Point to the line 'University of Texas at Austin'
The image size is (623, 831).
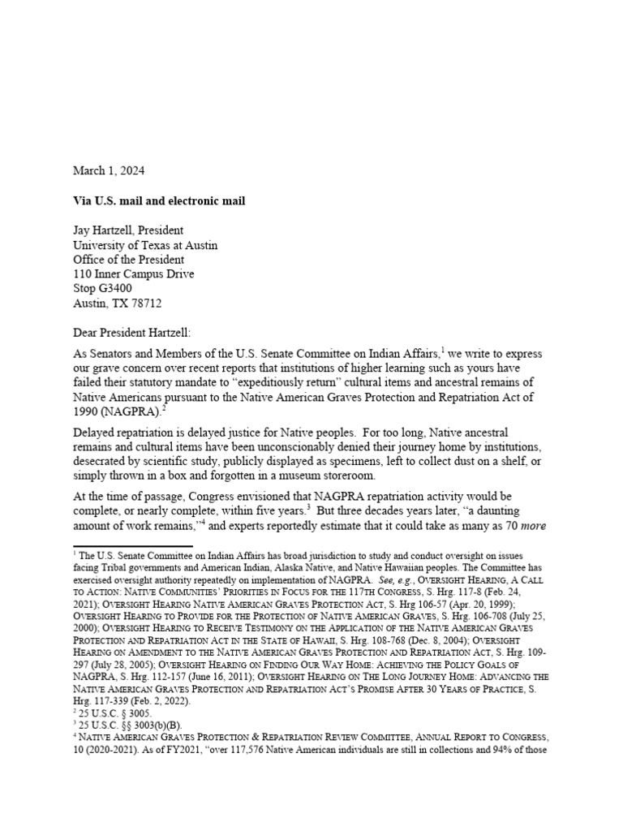145,245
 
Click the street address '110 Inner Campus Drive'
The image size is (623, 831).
134,274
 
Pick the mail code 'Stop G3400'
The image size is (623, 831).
102,288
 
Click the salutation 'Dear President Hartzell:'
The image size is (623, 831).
135,332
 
